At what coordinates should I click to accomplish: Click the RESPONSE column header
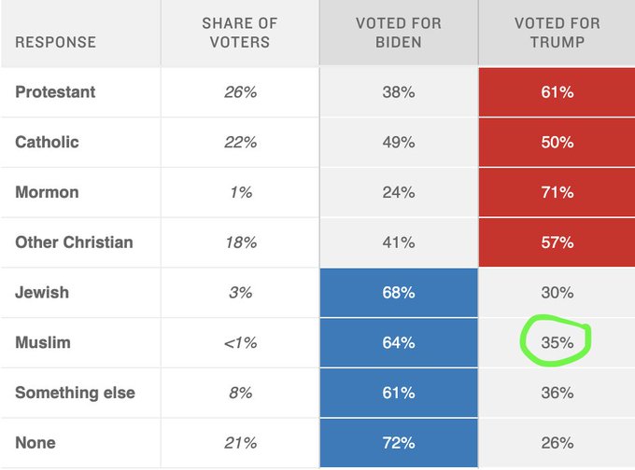point(55,42)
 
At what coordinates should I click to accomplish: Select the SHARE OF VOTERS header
point(239,33)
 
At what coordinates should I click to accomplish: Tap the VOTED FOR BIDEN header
point(398,33)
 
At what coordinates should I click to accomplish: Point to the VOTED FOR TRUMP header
point(557,33)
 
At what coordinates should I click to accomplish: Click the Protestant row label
point(55,92)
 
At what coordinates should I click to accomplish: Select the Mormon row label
point(47,192)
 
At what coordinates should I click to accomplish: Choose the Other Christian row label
point(74,242)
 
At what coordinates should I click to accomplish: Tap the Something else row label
point(75,393)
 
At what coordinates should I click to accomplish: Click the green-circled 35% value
point(557,342)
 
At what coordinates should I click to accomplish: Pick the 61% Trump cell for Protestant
point(557,92)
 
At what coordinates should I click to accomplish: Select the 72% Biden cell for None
point(398,443)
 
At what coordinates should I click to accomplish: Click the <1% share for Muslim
point(239,342)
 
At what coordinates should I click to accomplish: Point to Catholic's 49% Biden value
point(398,142)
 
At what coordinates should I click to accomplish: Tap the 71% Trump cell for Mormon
point(557,192)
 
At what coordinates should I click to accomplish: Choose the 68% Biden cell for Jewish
point(398,292)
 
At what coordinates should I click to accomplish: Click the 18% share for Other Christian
point(239,242)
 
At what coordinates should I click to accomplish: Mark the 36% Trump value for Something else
point(557,393)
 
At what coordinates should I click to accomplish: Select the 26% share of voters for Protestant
point(239,92)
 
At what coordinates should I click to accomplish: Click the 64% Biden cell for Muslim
point(398,342)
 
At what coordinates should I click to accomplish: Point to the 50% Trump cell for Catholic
point(557,142)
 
